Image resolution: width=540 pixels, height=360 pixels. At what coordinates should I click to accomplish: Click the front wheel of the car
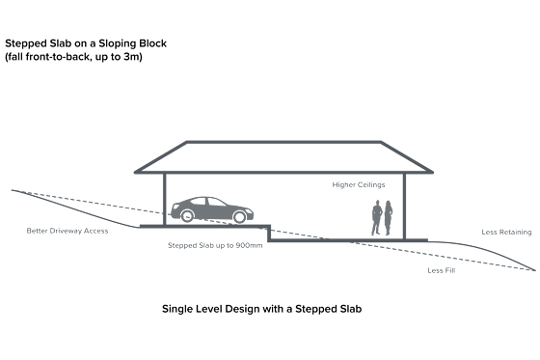239,217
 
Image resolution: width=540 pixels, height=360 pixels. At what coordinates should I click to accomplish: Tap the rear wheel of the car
187,216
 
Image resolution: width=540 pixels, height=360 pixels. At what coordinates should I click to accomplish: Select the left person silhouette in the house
377,217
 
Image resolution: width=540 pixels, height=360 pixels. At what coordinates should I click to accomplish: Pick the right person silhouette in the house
388,218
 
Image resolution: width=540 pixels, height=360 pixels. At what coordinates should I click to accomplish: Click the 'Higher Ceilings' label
359,185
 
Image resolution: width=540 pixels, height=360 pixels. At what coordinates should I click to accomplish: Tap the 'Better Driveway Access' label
67,231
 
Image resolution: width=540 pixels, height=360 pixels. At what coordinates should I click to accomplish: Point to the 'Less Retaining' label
506,232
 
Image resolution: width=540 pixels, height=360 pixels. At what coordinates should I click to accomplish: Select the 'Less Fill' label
442,270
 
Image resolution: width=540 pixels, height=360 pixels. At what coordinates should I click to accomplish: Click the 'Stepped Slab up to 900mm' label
215,245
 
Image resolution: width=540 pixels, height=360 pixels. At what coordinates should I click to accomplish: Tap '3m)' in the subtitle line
133,57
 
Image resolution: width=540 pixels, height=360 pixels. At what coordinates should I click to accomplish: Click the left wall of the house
165,200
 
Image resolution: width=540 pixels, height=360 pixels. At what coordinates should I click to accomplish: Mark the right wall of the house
404,207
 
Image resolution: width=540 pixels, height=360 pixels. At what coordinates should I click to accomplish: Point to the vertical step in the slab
269,234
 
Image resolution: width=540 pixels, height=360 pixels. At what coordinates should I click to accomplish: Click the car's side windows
207,202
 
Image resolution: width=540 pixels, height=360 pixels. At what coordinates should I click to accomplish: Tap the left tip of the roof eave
135,172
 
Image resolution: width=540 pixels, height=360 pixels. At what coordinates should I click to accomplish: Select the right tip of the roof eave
433,172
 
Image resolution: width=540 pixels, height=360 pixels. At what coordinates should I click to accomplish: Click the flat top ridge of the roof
283,142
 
